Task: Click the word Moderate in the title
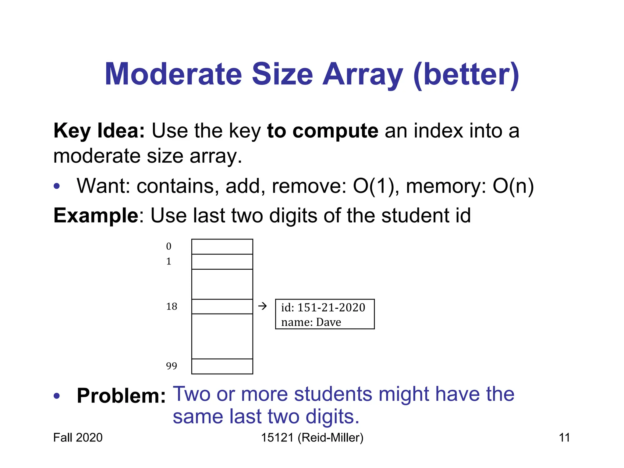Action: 173,74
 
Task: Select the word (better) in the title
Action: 466,75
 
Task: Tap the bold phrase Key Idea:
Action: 99,131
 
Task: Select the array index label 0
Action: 169,246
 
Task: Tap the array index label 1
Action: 169,261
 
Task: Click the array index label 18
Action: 172,306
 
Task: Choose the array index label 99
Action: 172,366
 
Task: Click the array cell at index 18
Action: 222,307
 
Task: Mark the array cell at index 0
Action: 222,247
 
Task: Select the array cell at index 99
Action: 222,366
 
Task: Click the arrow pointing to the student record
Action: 262,306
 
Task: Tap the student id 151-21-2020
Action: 331,307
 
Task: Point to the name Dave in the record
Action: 328,322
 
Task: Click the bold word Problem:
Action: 121,396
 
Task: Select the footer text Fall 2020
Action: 78,438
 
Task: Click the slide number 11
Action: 564,438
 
